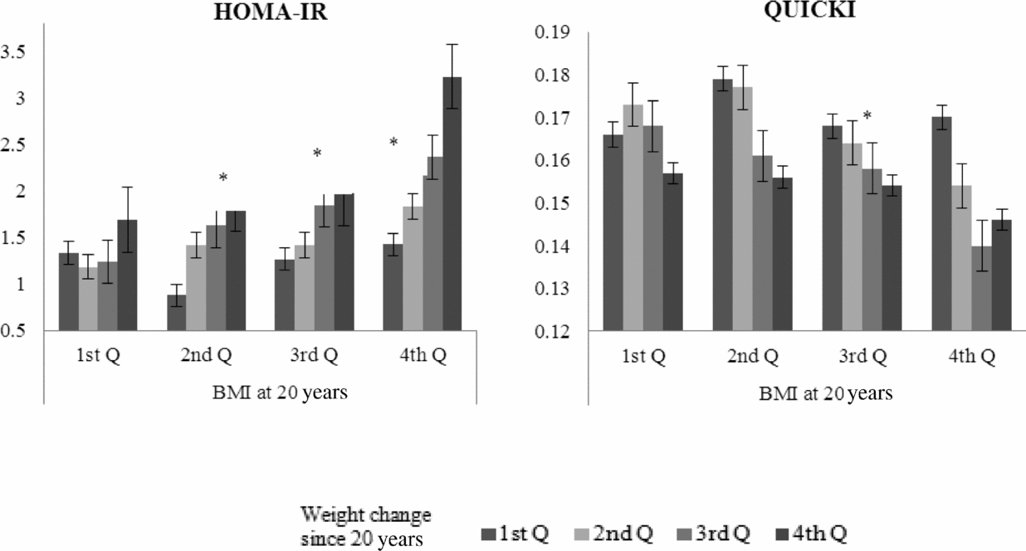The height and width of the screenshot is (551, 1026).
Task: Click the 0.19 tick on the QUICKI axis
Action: tap(556, 32)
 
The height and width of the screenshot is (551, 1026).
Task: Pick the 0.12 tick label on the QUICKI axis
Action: tap(556, 332)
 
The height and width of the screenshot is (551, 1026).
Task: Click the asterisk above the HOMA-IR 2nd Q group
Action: tap(222, 178)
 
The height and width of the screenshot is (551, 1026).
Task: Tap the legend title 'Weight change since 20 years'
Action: tap(366, 524)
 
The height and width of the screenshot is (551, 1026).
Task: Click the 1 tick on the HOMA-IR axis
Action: tap(27, 285)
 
